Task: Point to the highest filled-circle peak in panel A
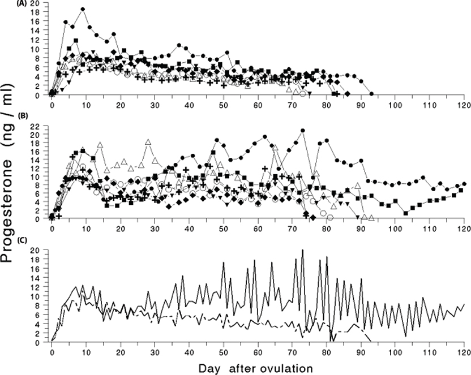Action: coord(83,9)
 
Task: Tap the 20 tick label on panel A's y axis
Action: coord(36,3)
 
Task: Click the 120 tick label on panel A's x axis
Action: coord(464,105)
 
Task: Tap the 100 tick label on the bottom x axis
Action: coord(395,352)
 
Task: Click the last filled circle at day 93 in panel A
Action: coord(371,94)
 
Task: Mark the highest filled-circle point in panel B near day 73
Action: coord(303,131)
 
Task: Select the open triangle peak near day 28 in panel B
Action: coord(148,141)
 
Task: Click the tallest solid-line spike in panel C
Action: coord(303,249)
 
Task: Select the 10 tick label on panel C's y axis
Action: coord(37,296)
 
